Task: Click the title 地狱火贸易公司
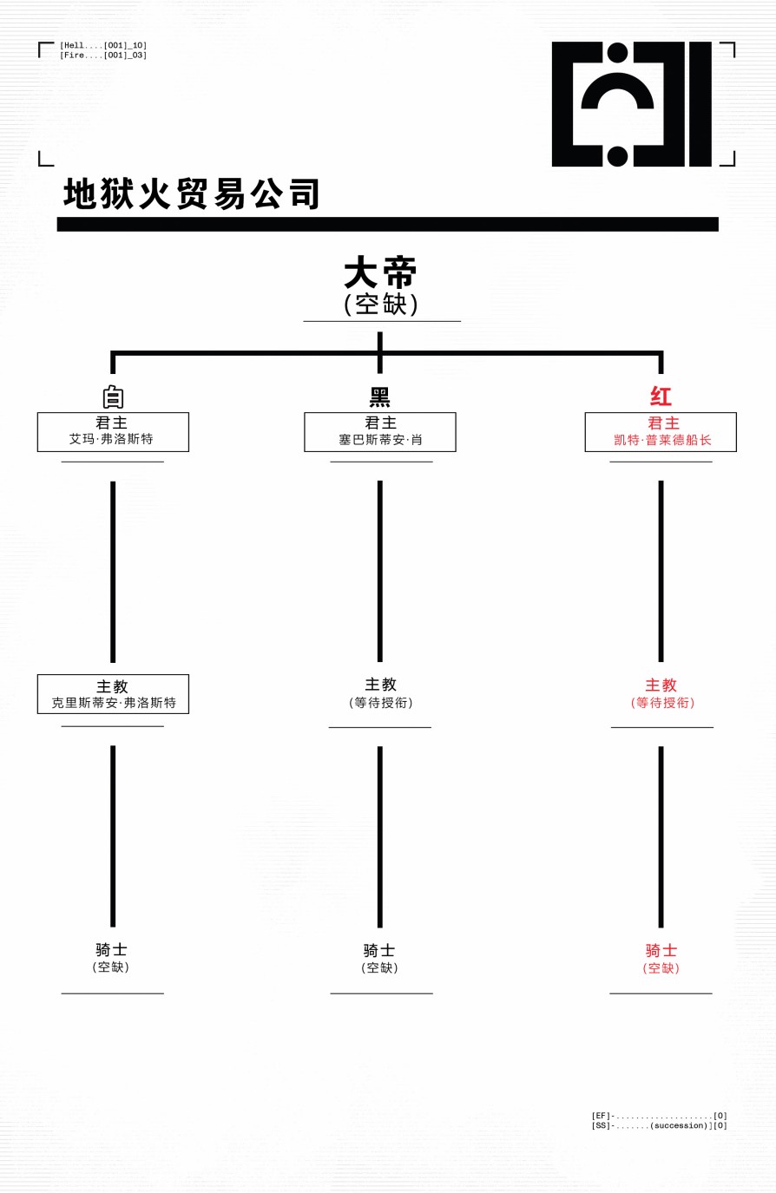(x=192, y=194)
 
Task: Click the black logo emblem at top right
(x=631, y=104)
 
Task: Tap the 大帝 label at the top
(x=380, y=273)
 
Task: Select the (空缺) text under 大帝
(x=381, y=305)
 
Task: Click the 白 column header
(x=113, y=397)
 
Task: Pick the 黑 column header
(x=380, y=397)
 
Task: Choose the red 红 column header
(x=661, y=397)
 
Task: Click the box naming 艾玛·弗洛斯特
(x=113, y=432)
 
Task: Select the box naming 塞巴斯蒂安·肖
(x=380, y=432)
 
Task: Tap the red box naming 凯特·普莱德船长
(x=661, y=432)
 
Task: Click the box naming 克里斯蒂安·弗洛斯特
(x=113, y=694)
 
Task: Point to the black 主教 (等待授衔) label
(x=380, y=693)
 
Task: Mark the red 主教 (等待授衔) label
(x=661, y=693)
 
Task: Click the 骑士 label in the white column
(x=112, y=950)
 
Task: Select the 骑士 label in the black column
(x=379, y=951)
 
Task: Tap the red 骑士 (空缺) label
(x=661, y=959)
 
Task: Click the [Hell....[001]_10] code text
(x=103, y=45)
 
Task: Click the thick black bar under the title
(x=387, y=224)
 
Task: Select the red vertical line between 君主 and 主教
(x=661, y=571)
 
